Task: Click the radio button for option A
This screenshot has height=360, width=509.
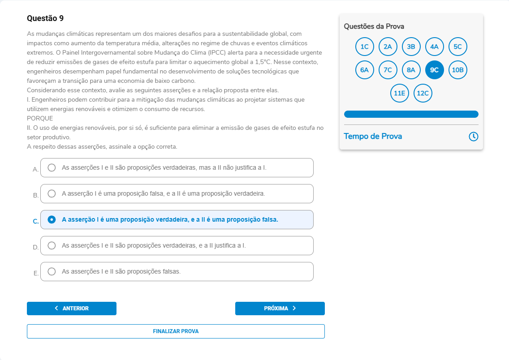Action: point(52,167)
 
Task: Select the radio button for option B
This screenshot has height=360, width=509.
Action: point(52,193)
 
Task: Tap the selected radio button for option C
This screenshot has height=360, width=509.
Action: point(52,219)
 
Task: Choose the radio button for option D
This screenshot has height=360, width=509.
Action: point(52,245)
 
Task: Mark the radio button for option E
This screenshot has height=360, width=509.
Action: point(52,271)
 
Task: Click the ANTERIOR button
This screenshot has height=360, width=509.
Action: point(72,309)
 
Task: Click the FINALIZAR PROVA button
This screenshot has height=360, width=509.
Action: point(176,331)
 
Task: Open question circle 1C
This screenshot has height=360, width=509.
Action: point(365,47)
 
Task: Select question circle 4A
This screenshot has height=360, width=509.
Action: point(435,47)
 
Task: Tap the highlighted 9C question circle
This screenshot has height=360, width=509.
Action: point(435,70)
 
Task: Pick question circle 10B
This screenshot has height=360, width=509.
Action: point(458,70)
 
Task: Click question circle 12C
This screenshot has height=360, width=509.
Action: point(423,93)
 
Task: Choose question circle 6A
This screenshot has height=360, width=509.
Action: point(365,70)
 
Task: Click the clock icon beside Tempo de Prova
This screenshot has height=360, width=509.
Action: point(474,137)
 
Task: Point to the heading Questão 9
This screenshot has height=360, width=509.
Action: point(45,18)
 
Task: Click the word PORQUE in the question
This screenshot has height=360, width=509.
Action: point(40,118)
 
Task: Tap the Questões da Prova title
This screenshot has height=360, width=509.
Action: point(374,26)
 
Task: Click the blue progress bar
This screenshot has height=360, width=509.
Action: point(411,114)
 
